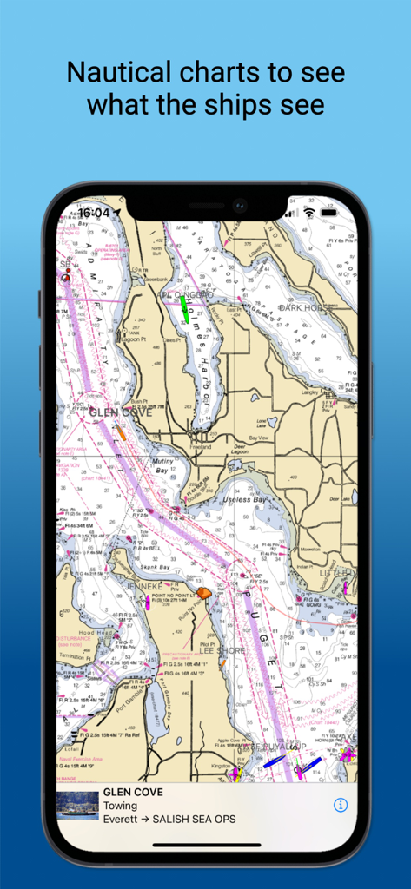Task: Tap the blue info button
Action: tap(341, 805)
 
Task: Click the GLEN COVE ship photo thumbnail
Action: tap(76, 806)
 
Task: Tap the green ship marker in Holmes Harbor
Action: tap(184, 310)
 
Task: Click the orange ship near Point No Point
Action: tap(202, 592)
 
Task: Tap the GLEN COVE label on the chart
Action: tap(120, 413)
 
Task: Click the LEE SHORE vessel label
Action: tap(223, 649)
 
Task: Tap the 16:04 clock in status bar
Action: tap(93, 213)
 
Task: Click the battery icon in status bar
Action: tap(328, 213)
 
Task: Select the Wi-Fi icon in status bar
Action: tap(308, 213)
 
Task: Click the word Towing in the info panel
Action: tap(120, 806)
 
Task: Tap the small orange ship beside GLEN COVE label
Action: tap(120, 431)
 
